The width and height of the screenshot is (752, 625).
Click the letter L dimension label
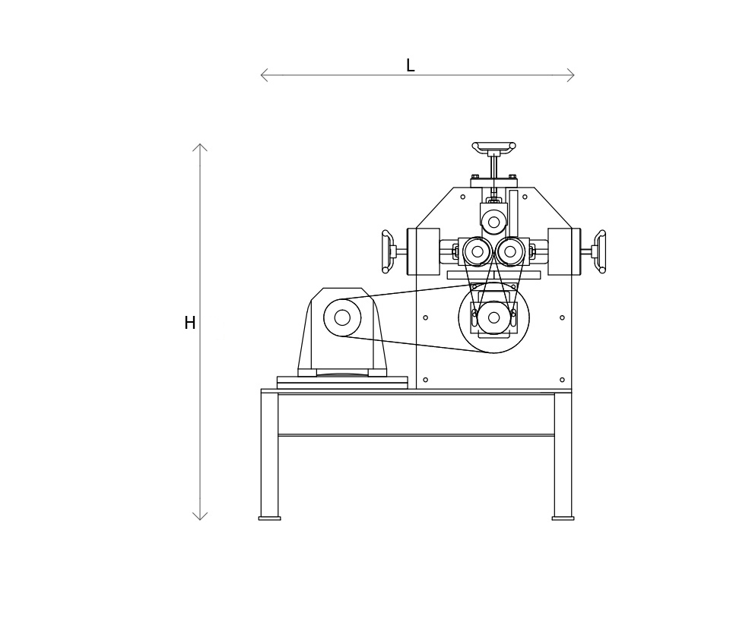[x=410, y=66]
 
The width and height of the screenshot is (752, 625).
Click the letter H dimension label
[x=190, y=324]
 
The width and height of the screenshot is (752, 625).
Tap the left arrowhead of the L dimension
[x=262, y=75]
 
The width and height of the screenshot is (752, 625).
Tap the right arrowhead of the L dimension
[x=573, y=75]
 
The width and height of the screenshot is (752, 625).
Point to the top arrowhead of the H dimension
[x=200, y=146]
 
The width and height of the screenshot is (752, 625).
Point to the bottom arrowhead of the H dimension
[x=200, y=518]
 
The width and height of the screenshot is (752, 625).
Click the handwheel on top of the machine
[x=493, y=146]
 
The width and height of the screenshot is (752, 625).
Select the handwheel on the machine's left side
[x=386, y=251]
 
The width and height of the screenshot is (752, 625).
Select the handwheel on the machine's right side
[x=601, y=251]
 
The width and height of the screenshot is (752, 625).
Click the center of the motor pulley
[x=342, y=317]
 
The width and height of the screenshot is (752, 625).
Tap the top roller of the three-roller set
[x=493, y=223]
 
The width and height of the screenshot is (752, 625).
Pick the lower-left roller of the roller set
[x=478, y=251]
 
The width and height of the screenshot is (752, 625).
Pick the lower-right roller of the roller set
[x=510, y=251]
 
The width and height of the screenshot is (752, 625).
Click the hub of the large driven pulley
[x=493, y=317]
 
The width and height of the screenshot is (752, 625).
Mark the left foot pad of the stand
[x=269, y=519]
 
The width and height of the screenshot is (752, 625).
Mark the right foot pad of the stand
[x=563, y=519]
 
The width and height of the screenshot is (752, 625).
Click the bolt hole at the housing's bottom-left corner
[x=425, y=380]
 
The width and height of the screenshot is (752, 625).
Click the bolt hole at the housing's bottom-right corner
[x=562, y=380]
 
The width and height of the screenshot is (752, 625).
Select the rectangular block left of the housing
[x=424, y=251]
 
